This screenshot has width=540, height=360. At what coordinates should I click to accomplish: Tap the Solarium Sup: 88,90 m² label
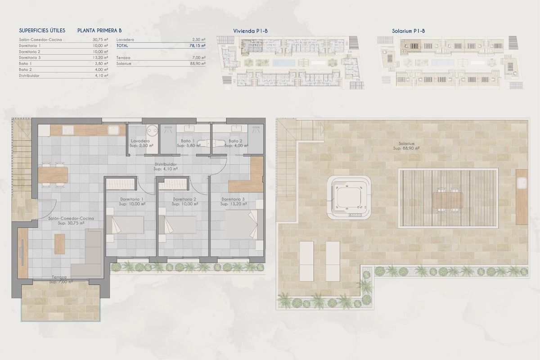point(403,145)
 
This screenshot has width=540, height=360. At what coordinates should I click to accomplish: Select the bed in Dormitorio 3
point(242,224)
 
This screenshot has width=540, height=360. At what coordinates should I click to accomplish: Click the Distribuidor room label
point(166,167)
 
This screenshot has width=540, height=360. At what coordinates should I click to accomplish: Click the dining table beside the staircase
point(53,175)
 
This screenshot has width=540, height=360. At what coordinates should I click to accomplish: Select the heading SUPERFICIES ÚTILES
point(42,31)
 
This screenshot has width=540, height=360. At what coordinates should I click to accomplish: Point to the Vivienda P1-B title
point(251,31)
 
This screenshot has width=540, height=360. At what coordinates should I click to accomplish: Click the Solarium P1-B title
point(408,31)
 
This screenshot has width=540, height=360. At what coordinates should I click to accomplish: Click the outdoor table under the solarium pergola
point(448,198)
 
